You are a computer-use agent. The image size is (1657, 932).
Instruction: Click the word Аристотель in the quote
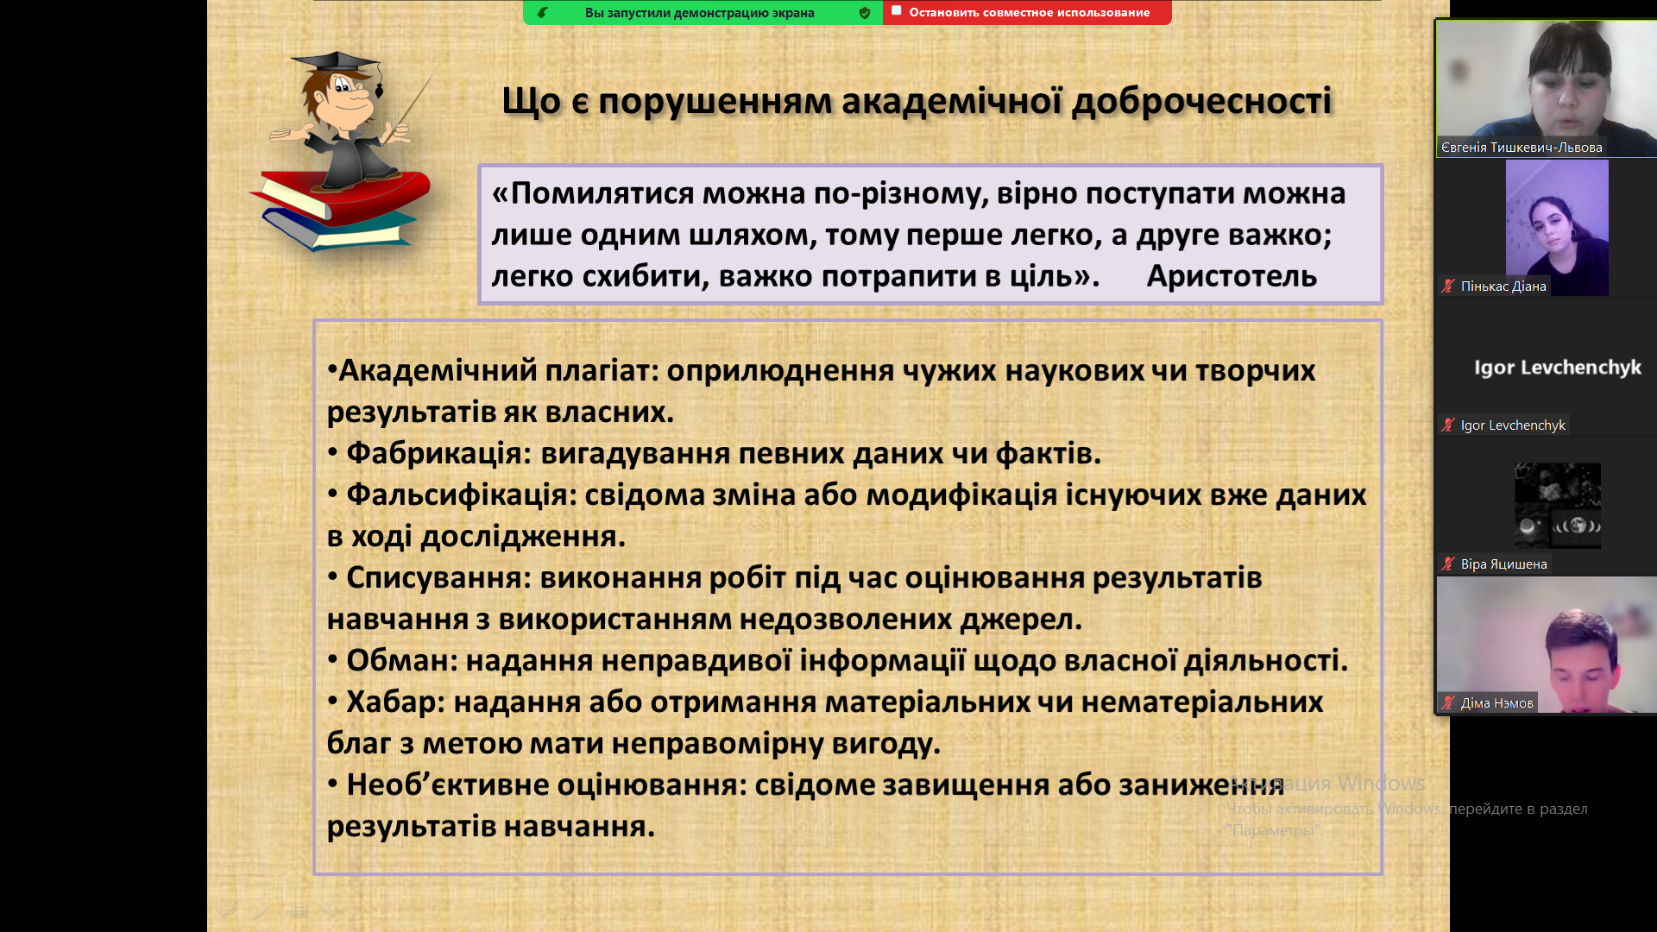click(x=1232, y=276)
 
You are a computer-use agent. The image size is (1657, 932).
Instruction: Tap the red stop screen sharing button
click(x=1027, y=12)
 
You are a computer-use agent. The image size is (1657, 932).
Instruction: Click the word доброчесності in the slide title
click(x=1201, y=101)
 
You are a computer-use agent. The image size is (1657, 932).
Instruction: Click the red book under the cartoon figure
click(x=345, y=194)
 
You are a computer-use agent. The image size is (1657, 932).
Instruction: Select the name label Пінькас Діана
click(x=1503, y=287)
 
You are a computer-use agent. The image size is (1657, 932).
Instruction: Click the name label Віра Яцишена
click(x=1503, y=564)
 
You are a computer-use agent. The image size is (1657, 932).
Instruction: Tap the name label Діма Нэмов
click(x=1496, y=703)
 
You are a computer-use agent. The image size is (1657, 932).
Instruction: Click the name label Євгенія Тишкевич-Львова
click(x=1522, y=148)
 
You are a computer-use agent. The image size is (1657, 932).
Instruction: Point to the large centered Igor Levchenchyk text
click(x=1558, y=368)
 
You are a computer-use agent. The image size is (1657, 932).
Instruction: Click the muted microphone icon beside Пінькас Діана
click(x=1448, y=286)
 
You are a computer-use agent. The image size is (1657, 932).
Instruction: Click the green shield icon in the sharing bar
click(x=865, y=13)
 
